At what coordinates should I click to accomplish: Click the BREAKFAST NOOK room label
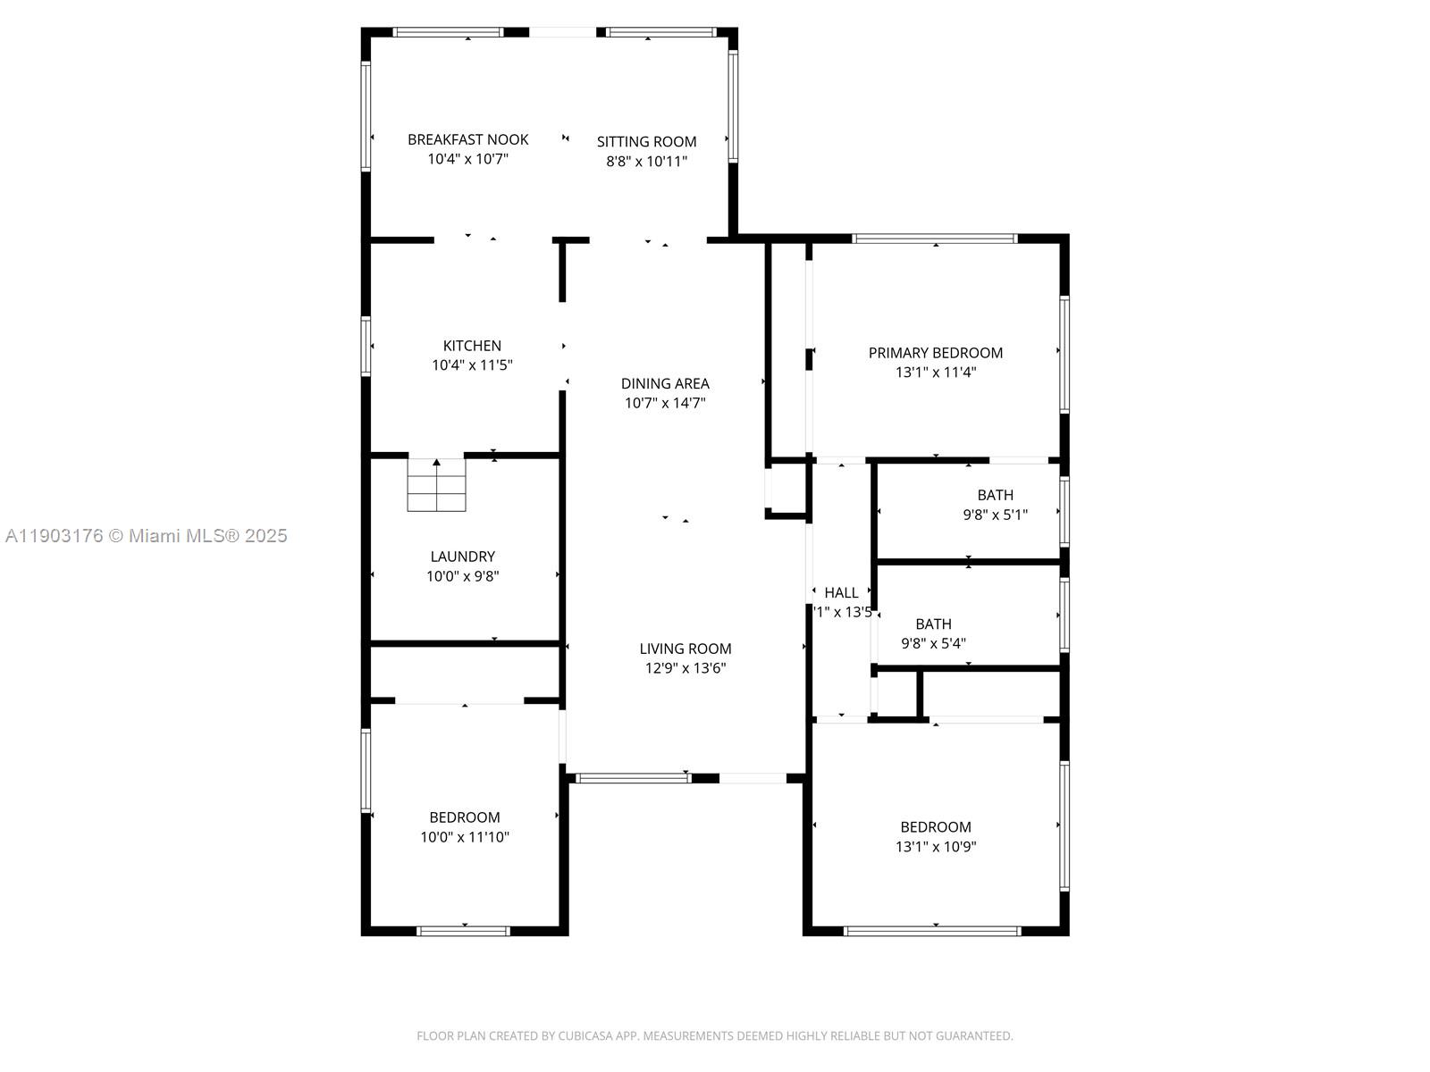coord(467,139)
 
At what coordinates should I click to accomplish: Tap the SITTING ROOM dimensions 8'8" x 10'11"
coord(646,162)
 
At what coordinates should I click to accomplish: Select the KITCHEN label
coord(472,346)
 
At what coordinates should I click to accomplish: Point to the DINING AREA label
coord(665,383)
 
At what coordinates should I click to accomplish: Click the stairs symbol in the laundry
coord(436,485)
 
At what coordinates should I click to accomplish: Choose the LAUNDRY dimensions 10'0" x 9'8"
coord(462,576)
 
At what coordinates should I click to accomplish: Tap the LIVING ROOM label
coord(685,649)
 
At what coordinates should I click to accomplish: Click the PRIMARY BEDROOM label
coord(935,353)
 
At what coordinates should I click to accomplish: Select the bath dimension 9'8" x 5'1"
coord(995,515)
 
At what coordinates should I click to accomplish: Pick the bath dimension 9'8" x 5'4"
coord(933,643)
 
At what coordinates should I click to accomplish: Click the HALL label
coord(841,592)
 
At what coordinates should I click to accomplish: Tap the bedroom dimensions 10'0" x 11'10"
coord(465,837)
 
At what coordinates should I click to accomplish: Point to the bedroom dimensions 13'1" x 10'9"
coord(935,847)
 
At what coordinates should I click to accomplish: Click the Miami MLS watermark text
coord(147,536)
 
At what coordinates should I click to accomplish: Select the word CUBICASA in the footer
coord(585,1036)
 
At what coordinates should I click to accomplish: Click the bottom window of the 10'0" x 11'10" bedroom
coord(464,931)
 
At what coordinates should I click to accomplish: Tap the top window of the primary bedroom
coord(935,239)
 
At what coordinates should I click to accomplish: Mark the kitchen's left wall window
coord(366,346)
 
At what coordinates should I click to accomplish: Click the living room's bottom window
coord(633,778)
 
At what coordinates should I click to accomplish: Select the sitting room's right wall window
coord(733,105)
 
